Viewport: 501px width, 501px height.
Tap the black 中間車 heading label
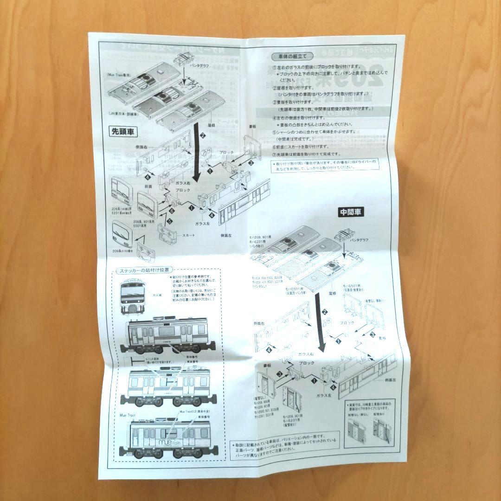click(x=351, y=212)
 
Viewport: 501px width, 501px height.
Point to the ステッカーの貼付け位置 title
click(x=144, y=270)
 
